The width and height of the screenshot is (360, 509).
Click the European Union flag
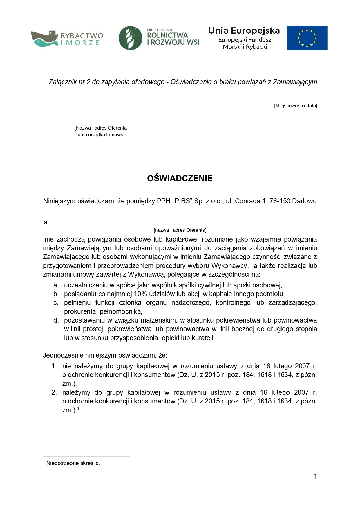click(307, 38)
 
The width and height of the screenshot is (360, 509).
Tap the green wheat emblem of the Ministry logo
click(130, 38)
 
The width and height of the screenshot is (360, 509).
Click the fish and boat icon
click(44, 39)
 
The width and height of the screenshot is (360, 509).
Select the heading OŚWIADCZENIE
click(180, 178)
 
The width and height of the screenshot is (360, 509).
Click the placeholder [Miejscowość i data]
click(295, 106)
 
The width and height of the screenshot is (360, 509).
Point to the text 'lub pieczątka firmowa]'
click(100, 135)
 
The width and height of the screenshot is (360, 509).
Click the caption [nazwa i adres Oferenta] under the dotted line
click(180, 230)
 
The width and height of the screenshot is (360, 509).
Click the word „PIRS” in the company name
click(182, 201)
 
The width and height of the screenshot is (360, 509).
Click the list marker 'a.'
click(56, 285)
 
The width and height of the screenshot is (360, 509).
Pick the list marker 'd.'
click(56, 320)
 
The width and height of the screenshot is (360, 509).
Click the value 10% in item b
click(140, 294)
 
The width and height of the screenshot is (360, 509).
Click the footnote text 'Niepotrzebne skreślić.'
click(73, 463)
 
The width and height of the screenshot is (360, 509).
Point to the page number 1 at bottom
click(315, 476)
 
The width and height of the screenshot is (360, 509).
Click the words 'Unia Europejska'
click(244, 31)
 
